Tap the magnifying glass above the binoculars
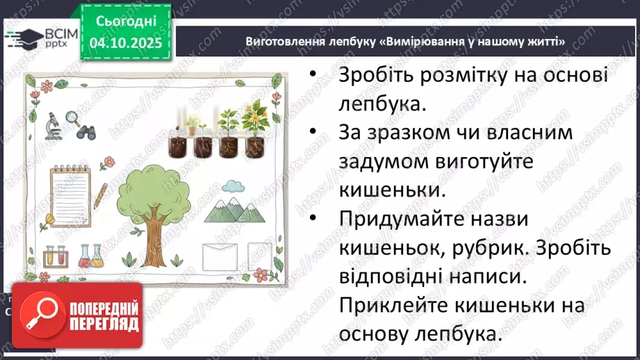coord(72,117)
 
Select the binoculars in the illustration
coord(87,130)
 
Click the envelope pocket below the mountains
coord(220,256)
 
